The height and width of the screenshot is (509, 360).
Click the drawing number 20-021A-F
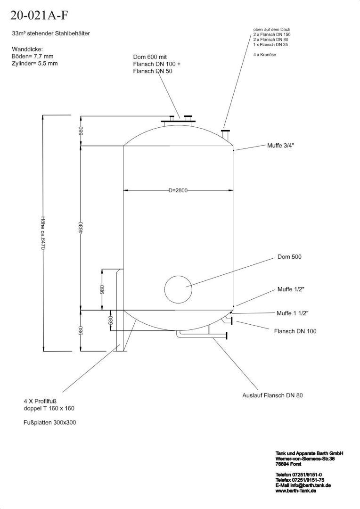tap(40, 15)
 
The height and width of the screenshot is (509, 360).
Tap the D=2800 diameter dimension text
tap(178, 190)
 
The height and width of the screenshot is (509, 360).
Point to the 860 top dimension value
tap(81, 131)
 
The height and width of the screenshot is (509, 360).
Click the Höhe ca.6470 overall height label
tap(43, 233)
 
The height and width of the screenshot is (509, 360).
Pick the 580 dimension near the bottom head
tap(110, 320)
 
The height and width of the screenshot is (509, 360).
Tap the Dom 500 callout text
tap(289, 257)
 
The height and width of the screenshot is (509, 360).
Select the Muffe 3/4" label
tap(281, 146)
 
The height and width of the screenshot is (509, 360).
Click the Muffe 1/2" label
tap(291, 289)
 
